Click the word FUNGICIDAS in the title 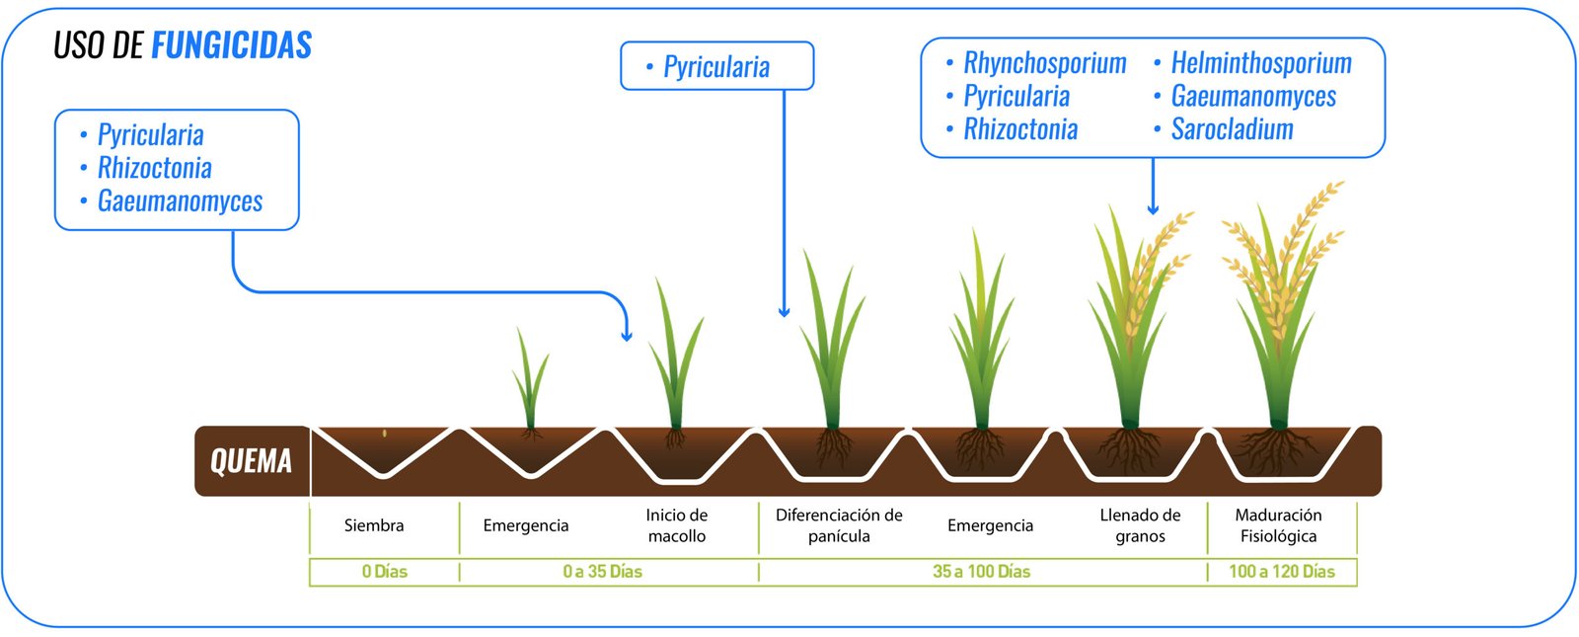click(232, 45)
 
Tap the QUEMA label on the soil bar click(251, 461)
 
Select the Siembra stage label click(374, 525)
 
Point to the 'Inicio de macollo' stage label click(677, 525)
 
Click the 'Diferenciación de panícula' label click(839, 525)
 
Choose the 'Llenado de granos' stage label click(1140, 525)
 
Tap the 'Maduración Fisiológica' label click(1278, 525)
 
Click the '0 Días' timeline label click(384, 572)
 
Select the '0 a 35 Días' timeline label click(602, 572)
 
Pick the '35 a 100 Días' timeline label click(981, 572)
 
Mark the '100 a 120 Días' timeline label click(1281, 572)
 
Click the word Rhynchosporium click(1044, 63)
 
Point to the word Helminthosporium click(1260, 63)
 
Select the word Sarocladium click(1232, 129)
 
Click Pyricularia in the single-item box click(716, 67)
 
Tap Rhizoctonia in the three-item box click(154, 168)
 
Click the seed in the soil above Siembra click(385, 433)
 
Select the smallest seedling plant click(530, 380)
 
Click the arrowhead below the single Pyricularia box click(784, 312)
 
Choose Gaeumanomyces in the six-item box click(1252, 97)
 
